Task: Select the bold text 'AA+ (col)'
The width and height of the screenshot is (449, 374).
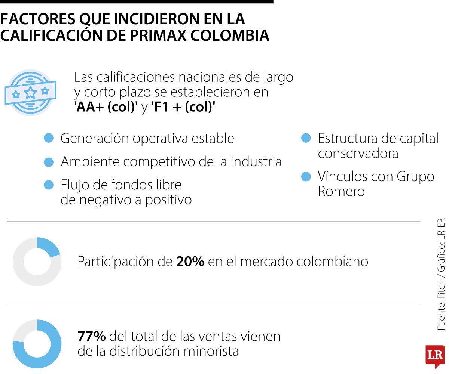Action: (x=106, y=107)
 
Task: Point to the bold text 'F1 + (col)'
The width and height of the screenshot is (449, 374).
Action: (x=183, y=107)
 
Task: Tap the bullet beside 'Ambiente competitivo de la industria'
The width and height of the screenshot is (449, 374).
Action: (x=49, y=162)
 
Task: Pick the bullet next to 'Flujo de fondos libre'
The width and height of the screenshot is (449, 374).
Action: (x=49, y=185)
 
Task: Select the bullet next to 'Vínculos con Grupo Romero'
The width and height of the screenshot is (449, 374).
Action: (x=306, y=176)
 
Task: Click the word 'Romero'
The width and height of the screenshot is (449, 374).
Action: (x=336, y=191)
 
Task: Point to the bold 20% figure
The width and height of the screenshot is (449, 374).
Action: (x=190, y=262)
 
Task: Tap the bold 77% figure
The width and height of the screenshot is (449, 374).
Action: (x=92, y=336)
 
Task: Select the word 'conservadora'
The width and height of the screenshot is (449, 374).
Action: (x=358, y=154)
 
